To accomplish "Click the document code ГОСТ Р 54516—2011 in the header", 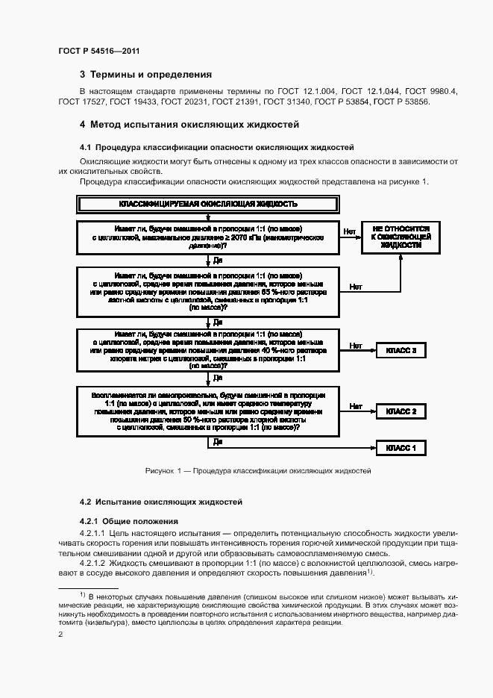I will point(98,50).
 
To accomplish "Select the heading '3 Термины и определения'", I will point(145,75).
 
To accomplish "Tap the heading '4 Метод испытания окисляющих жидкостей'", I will point(189,124).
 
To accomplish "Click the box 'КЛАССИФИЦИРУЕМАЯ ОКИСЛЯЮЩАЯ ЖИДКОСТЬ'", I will point(208,203).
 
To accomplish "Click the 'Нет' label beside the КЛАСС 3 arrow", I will point(356,346).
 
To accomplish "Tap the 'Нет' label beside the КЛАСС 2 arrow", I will point(356,406).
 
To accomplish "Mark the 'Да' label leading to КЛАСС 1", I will point(218,442).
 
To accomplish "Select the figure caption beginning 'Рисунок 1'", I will point(258,471).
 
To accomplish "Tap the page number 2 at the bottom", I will point(60,635).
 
